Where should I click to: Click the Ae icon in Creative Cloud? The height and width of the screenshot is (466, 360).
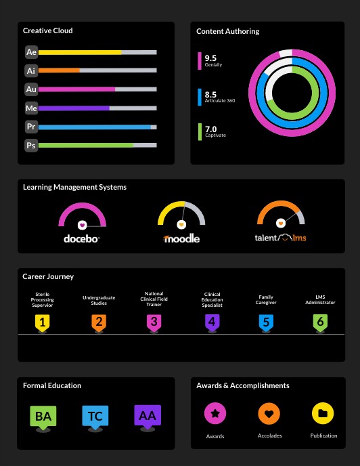click(x=31, y=52)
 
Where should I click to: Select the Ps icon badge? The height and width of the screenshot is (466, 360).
click(x=31, y=145)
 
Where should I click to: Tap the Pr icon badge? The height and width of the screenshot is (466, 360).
click(x=31, y=127)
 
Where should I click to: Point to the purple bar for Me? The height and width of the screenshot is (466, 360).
click(x=74, y=108)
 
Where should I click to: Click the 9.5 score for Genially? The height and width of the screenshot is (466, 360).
click(x=210, y=58)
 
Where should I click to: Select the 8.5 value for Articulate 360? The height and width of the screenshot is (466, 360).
click(x=210, y=95)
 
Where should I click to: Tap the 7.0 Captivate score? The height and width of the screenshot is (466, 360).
click(x=210, y=129)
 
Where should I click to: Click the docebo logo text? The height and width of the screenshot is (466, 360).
click(x=82, y=238)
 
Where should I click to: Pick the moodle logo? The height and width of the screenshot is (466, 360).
click(x=181, y=238)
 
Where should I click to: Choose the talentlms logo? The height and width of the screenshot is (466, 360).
click(x=280, y=238)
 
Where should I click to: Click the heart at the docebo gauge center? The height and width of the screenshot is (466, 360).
click(x=82, y=224)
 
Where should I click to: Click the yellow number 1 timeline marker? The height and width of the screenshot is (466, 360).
click(x=43, y=322)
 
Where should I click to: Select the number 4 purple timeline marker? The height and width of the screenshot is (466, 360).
click(x=212, y=322)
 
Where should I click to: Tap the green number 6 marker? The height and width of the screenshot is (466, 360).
click(x=320, y=322)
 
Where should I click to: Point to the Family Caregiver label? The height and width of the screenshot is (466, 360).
click(x=266, y=299)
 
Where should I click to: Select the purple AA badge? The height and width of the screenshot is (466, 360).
click(x=147, y=416)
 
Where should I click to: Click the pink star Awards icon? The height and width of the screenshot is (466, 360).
click(x=215, y=412)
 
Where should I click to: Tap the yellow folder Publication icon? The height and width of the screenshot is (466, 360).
click(x=323, y=412)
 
